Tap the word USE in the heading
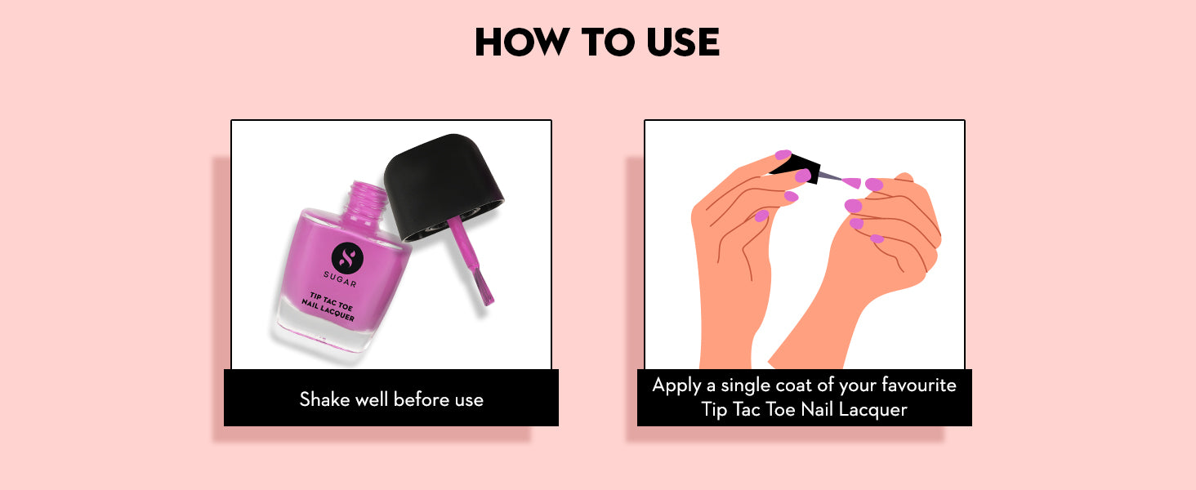683,42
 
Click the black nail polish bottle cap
443,187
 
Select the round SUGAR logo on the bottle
347,257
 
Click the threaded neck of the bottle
368,203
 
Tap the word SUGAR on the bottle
340,279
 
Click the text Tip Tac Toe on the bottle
331,302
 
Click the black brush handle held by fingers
796,167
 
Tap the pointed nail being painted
852,183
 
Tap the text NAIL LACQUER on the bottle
328,310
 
